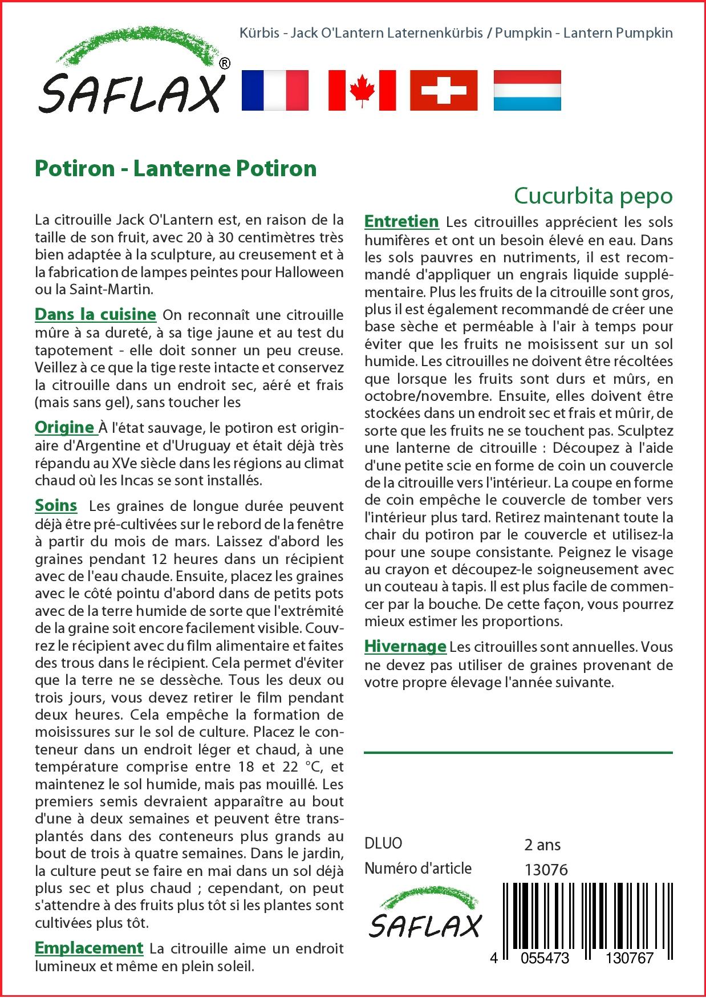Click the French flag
pos(275,90)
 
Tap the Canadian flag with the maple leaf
pos(362,90)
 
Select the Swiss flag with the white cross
pos(444,90)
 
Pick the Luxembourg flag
pos(527,90)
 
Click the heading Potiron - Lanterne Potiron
pos(176,168)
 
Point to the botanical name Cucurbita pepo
pos(593,196)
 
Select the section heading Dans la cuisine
pos(95,314)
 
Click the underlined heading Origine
pos(64,427)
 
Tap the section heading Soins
pos(56,505)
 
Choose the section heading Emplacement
pos(88,947)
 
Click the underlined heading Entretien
pos(401,221)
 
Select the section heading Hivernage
pos(405,646)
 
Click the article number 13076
pos(546,869)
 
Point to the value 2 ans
pos(542,844)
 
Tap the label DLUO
pos(383,843)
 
